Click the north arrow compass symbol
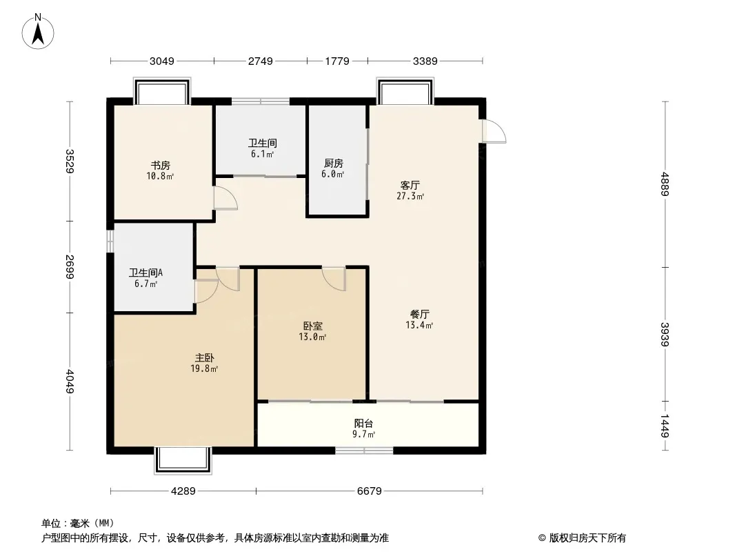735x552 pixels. point(38,32)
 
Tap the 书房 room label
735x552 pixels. point(161,166)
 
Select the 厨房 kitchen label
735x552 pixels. point(333,164)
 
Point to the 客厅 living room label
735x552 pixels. point(410,185)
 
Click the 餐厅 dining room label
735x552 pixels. point(419,314)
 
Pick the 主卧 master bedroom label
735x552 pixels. point(204,358)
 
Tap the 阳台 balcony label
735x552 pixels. point(364,424)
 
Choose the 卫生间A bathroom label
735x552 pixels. point(145,273)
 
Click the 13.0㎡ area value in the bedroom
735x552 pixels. point(312,337)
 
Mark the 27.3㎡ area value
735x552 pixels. point(410,196)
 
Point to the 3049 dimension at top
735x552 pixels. point(162,61)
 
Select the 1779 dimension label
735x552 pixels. point(337,61)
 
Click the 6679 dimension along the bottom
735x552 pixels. point(370,491)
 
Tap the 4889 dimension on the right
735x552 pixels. point(665,184)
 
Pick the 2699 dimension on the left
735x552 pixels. point(70,266)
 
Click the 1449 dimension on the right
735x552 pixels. point(665,426)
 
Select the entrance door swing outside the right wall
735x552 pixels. point(494,131)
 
